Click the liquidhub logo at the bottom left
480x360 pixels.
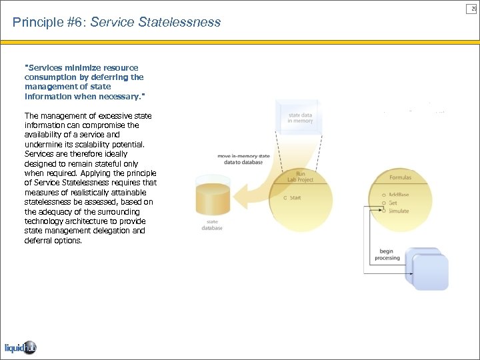point(21,347)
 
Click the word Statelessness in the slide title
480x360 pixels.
point(180,23)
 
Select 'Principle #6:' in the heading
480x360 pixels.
point(49,23)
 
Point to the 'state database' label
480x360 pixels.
point(212,225)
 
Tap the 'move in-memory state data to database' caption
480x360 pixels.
point(244,159)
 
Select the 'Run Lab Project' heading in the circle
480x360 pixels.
point(300,177)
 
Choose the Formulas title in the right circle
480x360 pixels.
point(400,177)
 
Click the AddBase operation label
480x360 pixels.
point(399,195)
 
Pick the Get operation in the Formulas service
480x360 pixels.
point(393,203)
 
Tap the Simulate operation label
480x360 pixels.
point(399,211)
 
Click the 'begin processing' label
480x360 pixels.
point(387,255)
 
